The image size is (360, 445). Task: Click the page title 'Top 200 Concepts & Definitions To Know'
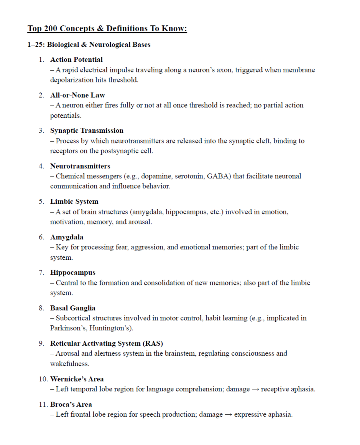[x=107, y=29]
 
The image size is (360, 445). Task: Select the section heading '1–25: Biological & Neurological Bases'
[x=89, y=45]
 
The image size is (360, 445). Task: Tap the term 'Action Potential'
[x=76, y=60]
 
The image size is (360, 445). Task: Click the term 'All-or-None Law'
[x=77, y=95]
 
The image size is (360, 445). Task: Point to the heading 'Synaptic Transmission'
[x=87, y=131]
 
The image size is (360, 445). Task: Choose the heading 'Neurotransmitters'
[x=80, y=166]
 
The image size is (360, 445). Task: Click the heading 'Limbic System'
[x=74, y=201]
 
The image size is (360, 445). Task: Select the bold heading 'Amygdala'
[x=67, y=237]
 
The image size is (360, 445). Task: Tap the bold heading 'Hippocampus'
[x=73, y=272]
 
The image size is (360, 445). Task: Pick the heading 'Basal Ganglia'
[x=73, y=308]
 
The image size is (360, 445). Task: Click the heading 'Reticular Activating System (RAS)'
[x=104, y=343]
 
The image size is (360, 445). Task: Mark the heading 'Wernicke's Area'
[x=77, y=379]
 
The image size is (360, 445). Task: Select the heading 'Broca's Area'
[x=71, y=404]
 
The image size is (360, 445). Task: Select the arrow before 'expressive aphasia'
[x=228, y=415]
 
